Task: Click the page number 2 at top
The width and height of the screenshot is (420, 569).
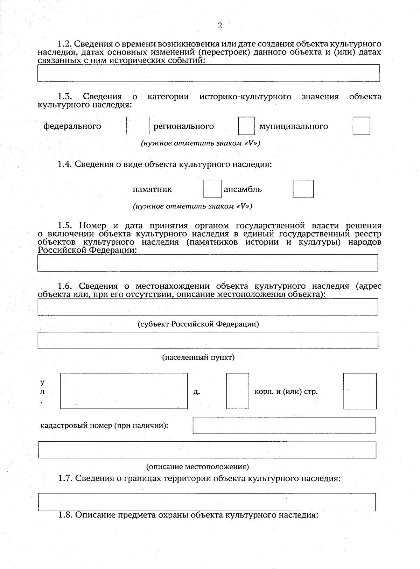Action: tap(220, 26)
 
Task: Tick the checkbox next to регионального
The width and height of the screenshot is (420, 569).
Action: tap(246, 126)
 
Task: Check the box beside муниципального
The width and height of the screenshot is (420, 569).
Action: tap(361, 126)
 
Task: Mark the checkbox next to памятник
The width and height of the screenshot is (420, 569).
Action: tap(212, 189)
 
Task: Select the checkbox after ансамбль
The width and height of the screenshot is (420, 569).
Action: tap(303, 189)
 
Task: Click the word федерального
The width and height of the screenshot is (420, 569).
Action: tap(72, 126)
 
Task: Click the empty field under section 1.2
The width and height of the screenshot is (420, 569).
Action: tap(209, 73)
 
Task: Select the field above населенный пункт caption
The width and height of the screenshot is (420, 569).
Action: tap(208, 340)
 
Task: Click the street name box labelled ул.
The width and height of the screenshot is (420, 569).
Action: tap(124, 391)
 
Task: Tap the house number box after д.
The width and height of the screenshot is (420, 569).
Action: tap(238, 391)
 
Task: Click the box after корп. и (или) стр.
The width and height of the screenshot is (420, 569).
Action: tap(360, 391)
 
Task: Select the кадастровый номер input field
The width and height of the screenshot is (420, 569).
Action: tap(284, 425)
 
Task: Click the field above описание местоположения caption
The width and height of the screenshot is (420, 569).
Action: tap(207, 450)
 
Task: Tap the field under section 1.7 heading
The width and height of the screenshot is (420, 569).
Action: tap(206, 502)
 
